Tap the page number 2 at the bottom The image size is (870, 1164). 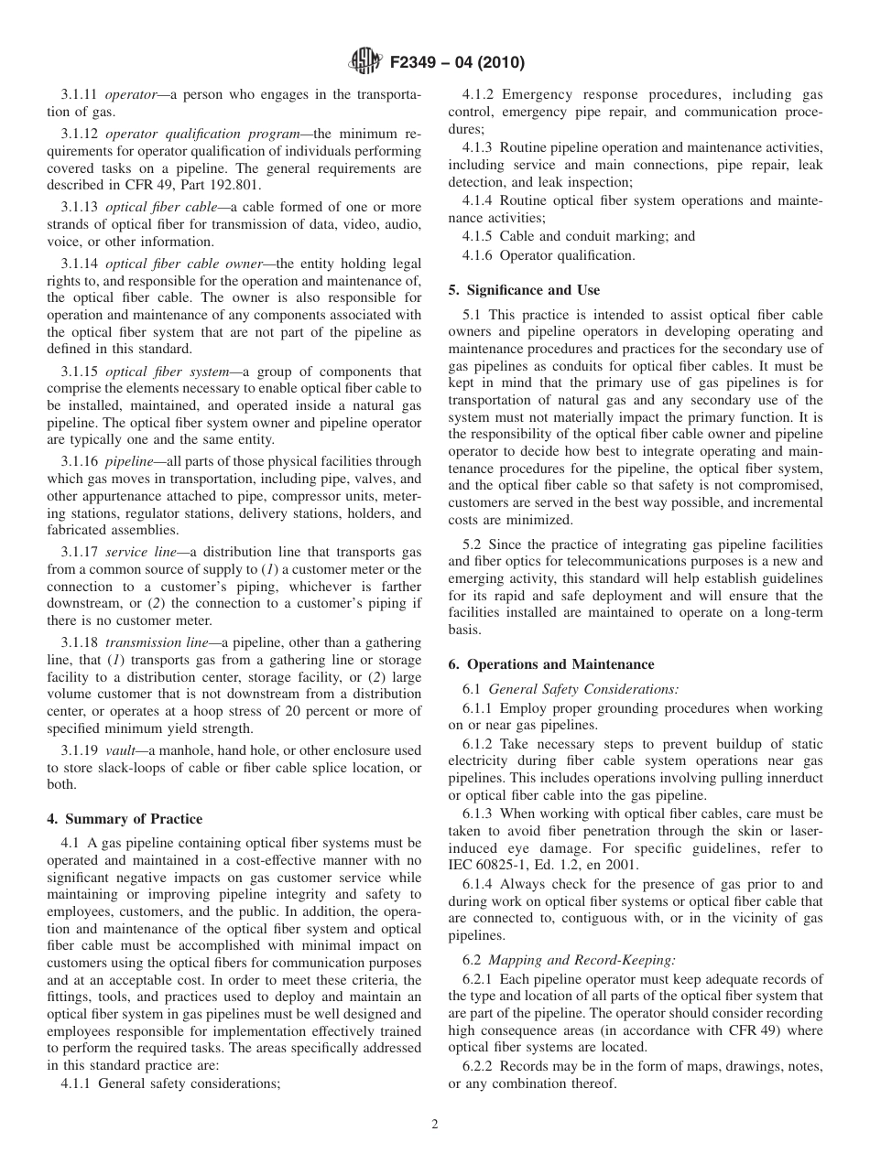click(x=435, y=1125)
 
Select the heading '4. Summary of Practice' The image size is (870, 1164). click(x=125, y=819)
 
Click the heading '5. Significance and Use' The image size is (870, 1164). click(x=524, y=290)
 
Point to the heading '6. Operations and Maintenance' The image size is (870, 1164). click(x=550, y=664)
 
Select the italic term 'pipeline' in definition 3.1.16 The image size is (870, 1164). click(x=129, y=461)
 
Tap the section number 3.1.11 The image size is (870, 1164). click(x=81, y=94)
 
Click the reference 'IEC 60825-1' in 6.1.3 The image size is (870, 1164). click(x=486, y=866)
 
